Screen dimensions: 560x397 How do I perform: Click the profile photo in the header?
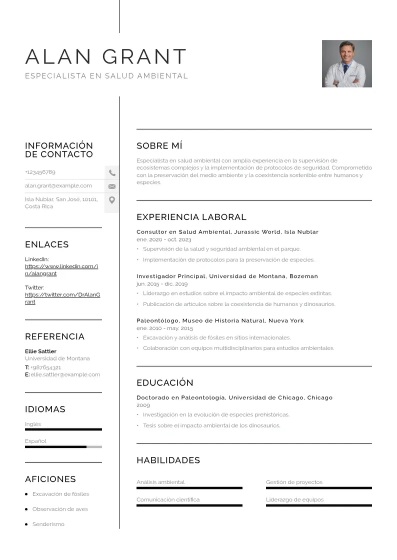346,63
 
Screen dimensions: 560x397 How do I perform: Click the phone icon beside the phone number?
112,173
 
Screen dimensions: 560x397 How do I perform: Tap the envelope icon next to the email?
112,186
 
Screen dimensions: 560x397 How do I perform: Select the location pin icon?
112,200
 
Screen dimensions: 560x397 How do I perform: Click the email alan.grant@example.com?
58,185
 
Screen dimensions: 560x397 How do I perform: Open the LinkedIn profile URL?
61,270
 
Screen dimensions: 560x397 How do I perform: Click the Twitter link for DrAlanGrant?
62,298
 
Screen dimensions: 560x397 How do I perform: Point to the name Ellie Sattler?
40,351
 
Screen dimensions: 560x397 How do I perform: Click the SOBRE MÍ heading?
159,146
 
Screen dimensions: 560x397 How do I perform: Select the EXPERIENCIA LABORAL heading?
191,217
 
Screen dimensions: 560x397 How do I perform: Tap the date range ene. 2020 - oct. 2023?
163,240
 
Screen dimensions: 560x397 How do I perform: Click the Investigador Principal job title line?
227,276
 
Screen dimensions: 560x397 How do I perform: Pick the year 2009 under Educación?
143,405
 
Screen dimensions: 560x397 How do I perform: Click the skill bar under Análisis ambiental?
189,488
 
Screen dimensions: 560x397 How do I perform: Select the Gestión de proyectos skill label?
294,482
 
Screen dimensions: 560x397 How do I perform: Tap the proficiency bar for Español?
63,447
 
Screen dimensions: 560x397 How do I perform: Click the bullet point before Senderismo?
26,524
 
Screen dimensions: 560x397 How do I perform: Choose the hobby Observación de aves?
60,509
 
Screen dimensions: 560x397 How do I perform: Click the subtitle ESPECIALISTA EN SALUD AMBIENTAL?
106,76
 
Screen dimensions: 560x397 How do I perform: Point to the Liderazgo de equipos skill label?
294,499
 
